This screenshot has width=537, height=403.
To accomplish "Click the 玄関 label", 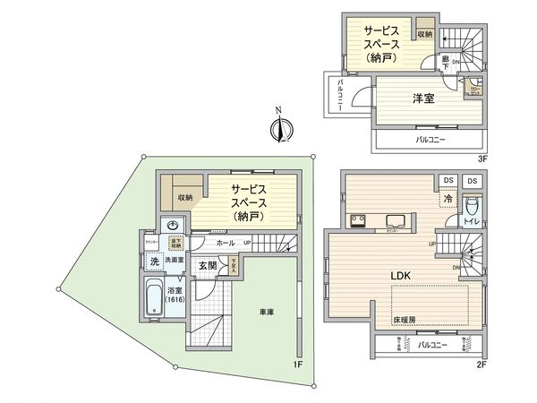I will point(208,265).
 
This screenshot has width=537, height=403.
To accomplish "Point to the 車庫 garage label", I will point(268,313).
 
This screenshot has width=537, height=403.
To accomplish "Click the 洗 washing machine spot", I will point(154,262).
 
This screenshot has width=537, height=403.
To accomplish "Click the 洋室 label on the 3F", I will point(423,99).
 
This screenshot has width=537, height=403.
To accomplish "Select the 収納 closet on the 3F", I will point(423,34).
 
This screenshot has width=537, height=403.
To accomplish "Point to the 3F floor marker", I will point(480,159).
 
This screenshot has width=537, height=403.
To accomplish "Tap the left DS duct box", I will point(447,181).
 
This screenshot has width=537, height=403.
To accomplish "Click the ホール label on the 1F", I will point(226,243).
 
